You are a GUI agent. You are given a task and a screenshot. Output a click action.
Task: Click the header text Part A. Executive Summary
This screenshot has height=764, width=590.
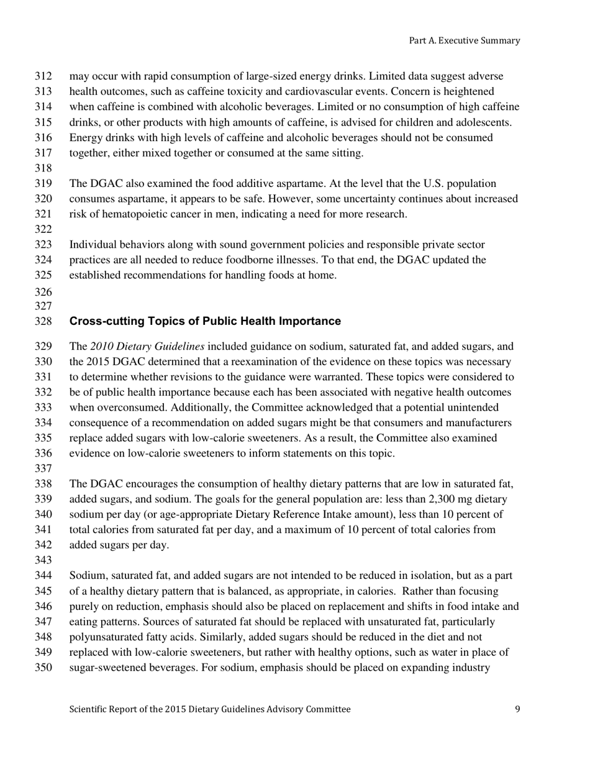tap(464, 40)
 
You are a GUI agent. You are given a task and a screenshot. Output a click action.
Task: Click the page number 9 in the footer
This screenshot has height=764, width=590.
tap(517, 709)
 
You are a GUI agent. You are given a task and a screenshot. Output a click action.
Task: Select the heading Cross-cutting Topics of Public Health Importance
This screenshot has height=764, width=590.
tap(205, 321)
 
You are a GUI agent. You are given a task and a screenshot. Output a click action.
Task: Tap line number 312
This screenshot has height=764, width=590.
tap(43, 76)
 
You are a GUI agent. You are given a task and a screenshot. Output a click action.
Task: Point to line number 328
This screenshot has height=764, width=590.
tap(43, 321)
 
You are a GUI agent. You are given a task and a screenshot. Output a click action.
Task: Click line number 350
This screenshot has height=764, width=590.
tap(43, 668)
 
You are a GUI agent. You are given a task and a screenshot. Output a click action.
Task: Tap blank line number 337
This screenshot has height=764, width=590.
tap(43, 468)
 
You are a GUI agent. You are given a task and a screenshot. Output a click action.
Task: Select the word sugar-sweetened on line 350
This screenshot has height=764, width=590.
tap(106, 668)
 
